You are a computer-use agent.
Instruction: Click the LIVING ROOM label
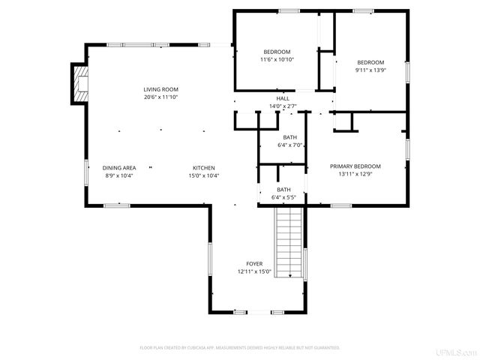[160, 89]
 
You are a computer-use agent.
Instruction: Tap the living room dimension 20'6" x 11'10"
[160, 97]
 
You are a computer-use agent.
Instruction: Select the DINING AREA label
[118, 167]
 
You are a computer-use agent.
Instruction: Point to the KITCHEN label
[204, 167]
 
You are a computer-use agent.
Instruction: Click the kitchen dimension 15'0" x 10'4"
[204, 175]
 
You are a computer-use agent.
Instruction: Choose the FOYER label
[254, 264]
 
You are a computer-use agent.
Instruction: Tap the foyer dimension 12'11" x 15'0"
[254, 271]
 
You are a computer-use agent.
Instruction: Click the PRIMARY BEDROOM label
[355, 166]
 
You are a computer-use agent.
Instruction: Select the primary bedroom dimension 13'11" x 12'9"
[355, 174]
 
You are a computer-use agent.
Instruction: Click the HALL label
[283, 98]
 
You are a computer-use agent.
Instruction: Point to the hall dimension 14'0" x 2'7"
[283, 106]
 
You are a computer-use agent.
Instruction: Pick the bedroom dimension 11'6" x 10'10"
[277, 59]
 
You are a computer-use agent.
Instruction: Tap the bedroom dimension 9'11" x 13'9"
[370, 70]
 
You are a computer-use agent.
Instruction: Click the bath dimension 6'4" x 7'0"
[289, 145]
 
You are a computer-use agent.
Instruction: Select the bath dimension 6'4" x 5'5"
[283, 197]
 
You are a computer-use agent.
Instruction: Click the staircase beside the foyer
[289, 240]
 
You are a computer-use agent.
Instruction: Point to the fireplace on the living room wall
[79, 84]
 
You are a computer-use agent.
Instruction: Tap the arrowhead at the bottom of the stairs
[289, 277]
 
